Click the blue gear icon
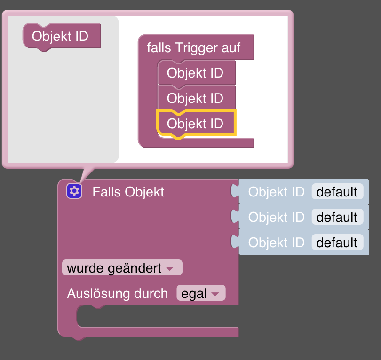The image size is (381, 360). (x=74, y=191)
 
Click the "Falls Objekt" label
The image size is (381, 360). (x=128, y=192)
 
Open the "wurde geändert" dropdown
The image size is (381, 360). (x=121, y=268)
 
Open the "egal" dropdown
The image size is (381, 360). (x=201, y=293)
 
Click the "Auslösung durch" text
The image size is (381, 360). (x=117, y=293)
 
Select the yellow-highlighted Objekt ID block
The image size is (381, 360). (x=195, y=124)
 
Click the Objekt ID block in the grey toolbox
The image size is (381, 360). (x=60, y=36)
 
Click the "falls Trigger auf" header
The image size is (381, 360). (x=194, y=47)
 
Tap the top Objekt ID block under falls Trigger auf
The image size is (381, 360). (x=195, y=73)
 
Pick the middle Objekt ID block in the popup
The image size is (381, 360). (x=195, y=98)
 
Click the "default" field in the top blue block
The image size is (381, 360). (x=337, y=192)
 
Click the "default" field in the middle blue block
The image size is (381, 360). (x=337, y=217)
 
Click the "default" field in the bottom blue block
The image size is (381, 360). (x=337, y=243)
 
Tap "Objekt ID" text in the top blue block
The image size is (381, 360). (x=276, y=192)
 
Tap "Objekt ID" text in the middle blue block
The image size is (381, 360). (x=276, y=217)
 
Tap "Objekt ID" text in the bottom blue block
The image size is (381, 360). (x=276, y=243)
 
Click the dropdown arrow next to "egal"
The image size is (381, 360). (x=215, y=294)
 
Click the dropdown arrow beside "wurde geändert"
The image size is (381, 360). (x=170, y=269)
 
